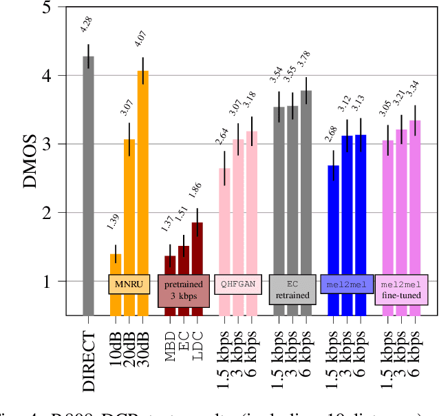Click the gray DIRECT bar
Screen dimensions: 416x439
click(88, 186)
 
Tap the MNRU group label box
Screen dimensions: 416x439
click(129, 284)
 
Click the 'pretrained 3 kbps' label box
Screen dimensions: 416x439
click(183, 290)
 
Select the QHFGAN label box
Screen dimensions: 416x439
click(238, 284)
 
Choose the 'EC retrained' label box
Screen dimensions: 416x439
click(292, 290)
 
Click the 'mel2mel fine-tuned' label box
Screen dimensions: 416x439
click(401, 290)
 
